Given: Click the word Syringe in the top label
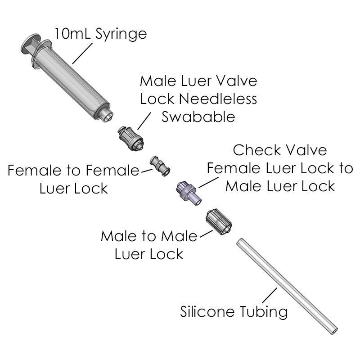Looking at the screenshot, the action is click(x=121, y=35).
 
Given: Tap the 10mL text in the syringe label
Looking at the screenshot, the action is click(x=73, y=33).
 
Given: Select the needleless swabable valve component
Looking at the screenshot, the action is click(x=130, y=138).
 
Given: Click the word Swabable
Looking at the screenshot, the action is click(x=198, y=117).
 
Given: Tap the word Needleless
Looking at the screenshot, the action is click(x=218, y=99).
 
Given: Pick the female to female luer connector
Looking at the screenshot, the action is click(x=160, y=166).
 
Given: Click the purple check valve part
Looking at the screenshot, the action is click(x=189, y=193).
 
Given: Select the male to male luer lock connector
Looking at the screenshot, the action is click(x=219, y=221).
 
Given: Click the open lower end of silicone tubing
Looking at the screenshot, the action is click(x=333, y=331).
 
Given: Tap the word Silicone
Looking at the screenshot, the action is click(x=209, y=311).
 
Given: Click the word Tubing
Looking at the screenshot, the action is click(x=264, y=312).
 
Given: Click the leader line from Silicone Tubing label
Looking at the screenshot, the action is click(x=270, y=295).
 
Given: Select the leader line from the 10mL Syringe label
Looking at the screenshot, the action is click(x=82, y=54).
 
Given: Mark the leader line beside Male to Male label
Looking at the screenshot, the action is click(x=206, y=234).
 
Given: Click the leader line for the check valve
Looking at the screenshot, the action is click(x=208, y=182).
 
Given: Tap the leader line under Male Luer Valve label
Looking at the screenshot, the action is click(x=144, y=121).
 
